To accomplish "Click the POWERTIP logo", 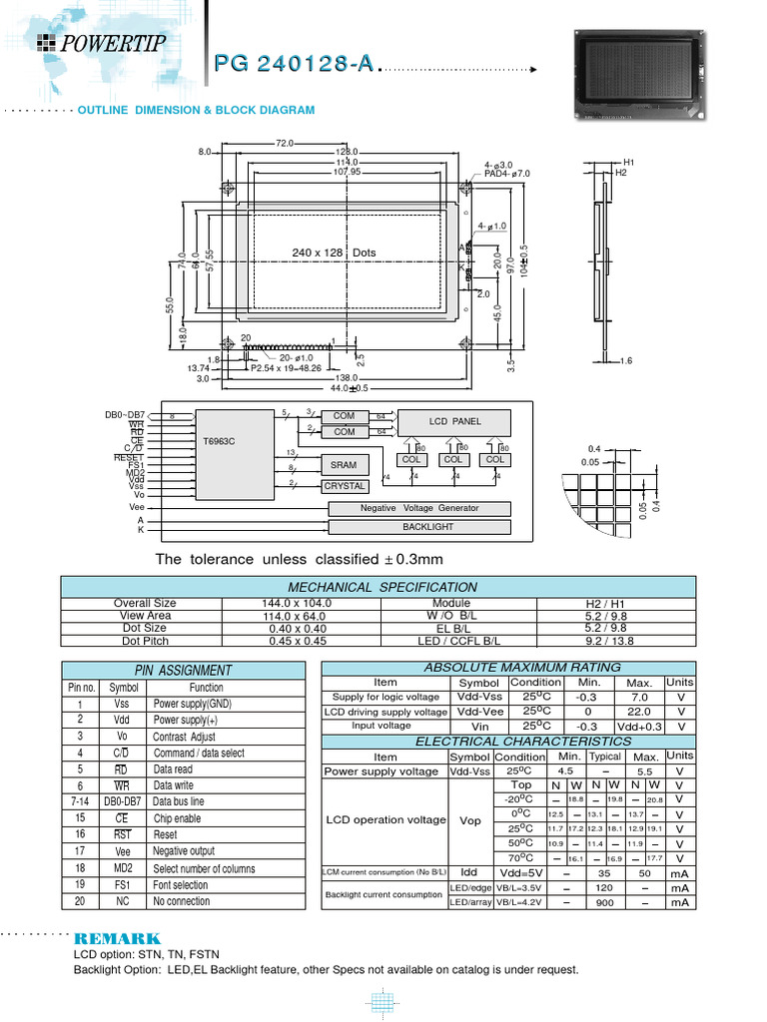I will (103, 42).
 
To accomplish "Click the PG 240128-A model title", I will (295, 64).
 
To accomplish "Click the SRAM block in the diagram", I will (344, 465).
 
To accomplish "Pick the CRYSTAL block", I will (344, 486).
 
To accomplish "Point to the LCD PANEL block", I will (454, 421).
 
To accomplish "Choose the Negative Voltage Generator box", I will (418, 508).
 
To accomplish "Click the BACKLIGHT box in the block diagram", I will (427, 526).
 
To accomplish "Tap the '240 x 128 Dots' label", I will (334, 253).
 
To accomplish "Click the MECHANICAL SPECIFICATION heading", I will (383, 587).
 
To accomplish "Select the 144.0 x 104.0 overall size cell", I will (298, 603).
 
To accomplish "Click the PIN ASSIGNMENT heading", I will (183, 671).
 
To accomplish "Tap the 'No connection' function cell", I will (182, 901).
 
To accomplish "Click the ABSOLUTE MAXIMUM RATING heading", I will (509, 667).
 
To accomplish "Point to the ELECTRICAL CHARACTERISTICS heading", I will (509, 742).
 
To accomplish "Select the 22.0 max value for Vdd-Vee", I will (640, 712).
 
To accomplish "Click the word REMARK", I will (117, 939).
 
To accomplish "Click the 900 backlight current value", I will (604, 902).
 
